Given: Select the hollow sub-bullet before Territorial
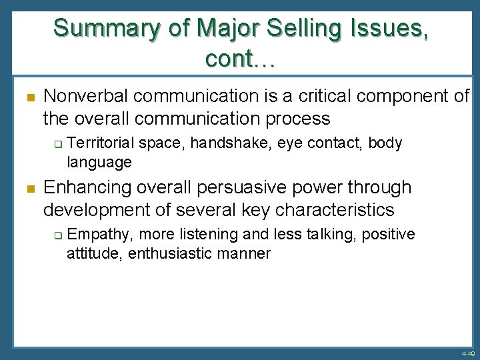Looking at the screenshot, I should [57, 143].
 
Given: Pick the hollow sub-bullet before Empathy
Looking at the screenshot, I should [57, 235].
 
